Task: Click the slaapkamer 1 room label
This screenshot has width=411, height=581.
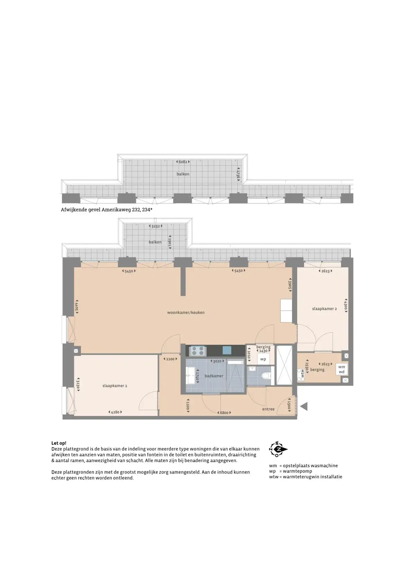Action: tap(115, 386)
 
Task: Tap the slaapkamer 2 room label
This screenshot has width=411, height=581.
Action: tap(325, 308)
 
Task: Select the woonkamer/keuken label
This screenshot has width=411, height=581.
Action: tap(186, 313)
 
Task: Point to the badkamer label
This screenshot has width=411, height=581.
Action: tap(214, 376)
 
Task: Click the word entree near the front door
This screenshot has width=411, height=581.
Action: tap(268, 409)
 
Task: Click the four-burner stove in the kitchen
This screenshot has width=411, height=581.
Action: tap(198, 351)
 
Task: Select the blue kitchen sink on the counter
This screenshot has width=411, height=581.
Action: tap(227, 350)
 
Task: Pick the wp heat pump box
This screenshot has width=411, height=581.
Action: tap(263, 359)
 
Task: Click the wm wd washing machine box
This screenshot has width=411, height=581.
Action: tap(342, 369)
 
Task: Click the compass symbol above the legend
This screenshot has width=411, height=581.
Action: tap(278, 449)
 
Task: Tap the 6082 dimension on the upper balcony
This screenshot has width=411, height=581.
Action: tap(183, 162)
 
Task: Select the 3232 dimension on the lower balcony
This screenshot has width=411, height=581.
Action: tap(155, 226)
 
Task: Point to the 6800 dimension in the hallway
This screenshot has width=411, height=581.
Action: tap(224, 413)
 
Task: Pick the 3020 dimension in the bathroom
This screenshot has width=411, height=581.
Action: tap(217, 361)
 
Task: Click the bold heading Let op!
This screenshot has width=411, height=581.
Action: tap(59, 443)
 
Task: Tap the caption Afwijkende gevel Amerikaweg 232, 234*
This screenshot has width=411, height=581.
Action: tap(107, 210)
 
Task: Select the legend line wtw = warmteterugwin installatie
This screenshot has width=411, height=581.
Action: tap(306, 477)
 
